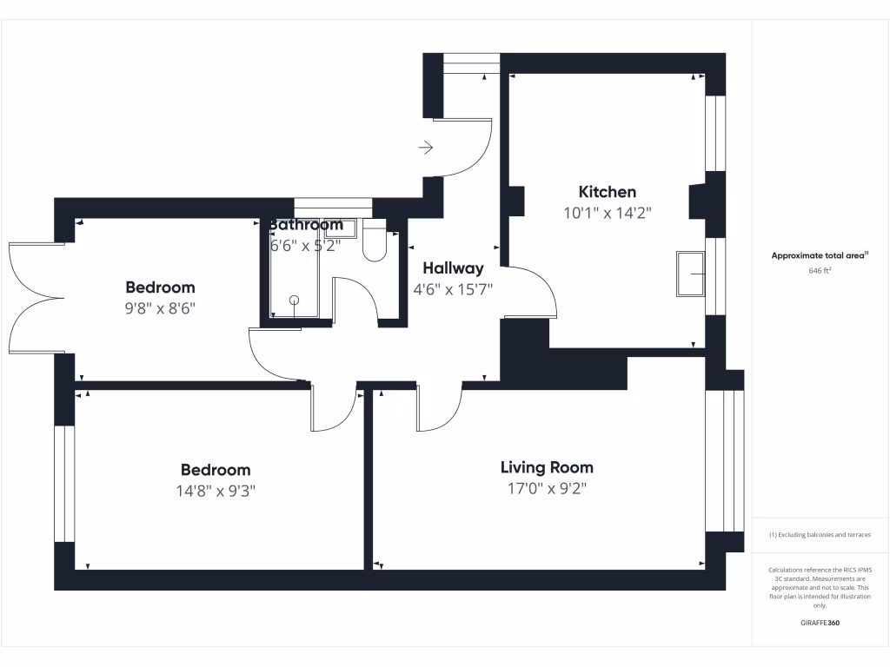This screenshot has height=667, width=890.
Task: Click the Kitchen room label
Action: [608, 192]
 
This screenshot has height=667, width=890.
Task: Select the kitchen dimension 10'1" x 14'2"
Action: [608, 212]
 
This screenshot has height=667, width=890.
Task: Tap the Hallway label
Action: [453, 268]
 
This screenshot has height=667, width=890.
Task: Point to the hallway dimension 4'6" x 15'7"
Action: [453, 289]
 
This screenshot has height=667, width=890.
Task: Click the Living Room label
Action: [547, 467]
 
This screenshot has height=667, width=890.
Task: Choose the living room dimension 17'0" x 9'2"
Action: [547, 488]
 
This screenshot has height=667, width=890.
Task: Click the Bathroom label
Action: [306, 225]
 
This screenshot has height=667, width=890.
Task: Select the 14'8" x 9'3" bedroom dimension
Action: [216, 491]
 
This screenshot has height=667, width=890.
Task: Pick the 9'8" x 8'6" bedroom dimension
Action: [160, 307]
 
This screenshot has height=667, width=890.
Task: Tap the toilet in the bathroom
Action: [375, 242]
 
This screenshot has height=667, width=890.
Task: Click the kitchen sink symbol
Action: [691, 274]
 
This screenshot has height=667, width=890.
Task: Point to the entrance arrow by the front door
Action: [426, 148]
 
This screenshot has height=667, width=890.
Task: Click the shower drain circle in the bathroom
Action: [294, 300]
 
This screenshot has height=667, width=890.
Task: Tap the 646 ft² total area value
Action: [820, 271]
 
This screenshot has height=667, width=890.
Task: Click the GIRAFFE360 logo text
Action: [820, 623]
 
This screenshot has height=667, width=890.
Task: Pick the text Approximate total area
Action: [819, 255]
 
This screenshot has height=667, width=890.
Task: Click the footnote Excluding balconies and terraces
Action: [820, 535]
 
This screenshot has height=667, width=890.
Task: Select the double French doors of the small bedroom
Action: [35, 298]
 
